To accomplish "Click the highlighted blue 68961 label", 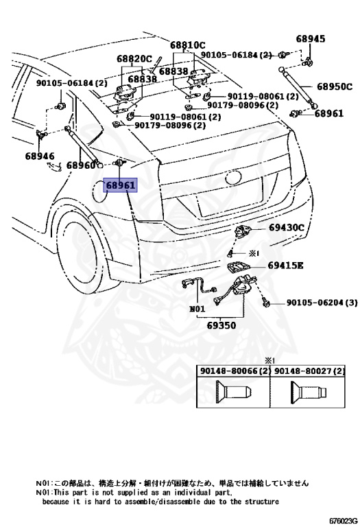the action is pos(121,185).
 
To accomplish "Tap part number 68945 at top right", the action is pos(311,38).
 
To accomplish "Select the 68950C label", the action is pos(335,86).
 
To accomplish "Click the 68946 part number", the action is pos(40,156).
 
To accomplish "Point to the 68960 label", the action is pos(81,165).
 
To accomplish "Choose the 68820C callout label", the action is pos(134,59).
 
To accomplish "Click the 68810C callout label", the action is pos(187,45).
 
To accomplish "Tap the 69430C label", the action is pos(286,228).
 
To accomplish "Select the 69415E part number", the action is pos(285,266).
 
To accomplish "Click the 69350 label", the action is pos(221,325).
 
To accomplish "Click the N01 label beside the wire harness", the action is pos(197,309).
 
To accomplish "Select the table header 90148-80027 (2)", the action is pos(309,371).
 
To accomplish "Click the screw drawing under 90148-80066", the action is pos(234,392).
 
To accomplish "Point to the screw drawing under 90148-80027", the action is pos(309,392).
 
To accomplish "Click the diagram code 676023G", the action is pos(343,521).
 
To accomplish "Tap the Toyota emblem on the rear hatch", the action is pos(234,178).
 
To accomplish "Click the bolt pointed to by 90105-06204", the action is pos(264,301).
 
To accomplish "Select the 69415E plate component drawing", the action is pos(237,268).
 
